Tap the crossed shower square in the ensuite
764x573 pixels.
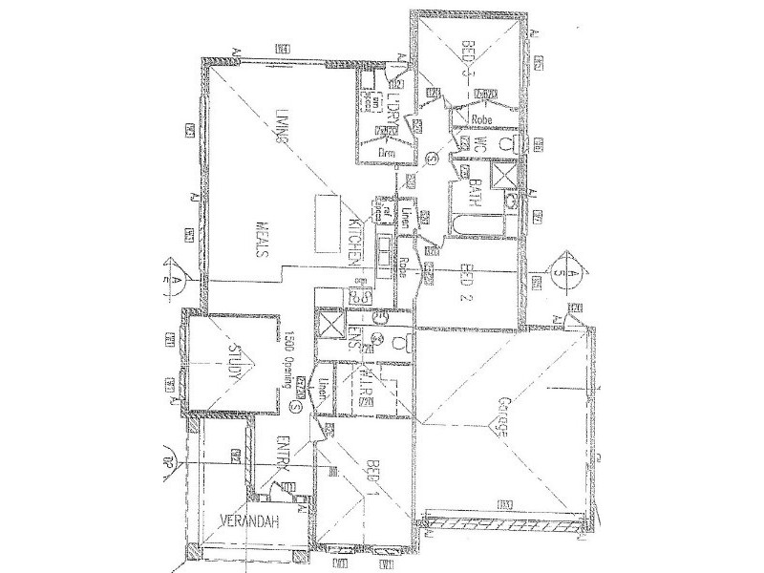(332, 324)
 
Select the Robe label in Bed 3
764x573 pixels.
(481, 120)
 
